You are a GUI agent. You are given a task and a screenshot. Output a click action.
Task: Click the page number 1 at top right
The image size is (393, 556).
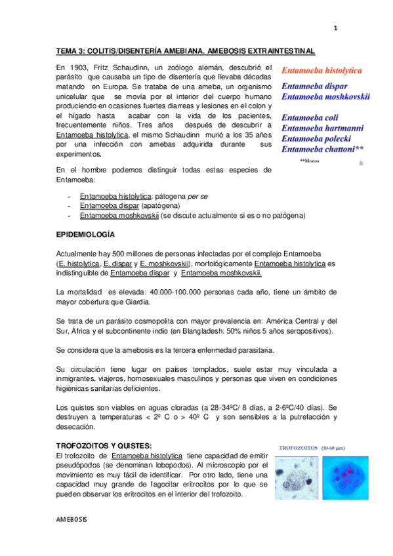click(x=335, y=28)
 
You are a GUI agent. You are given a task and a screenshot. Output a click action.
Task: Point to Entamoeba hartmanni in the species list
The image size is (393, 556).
click(x=325, y=128)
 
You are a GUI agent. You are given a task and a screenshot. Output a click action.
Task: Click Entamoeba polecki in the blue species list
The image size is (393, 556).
click(x=318, y=138)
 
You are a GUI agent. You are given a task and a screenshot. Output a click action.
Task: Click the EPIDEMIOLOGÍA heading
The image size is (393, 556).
click(x=85, y=234)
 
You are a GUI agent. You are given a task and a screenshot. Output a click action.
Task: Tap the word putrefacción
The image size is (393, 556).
click(x=306, y=417)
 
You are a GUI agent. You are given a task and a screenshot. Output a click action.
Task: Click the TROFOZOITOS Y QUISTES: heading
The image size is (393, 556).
click(x=104, y=445)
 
